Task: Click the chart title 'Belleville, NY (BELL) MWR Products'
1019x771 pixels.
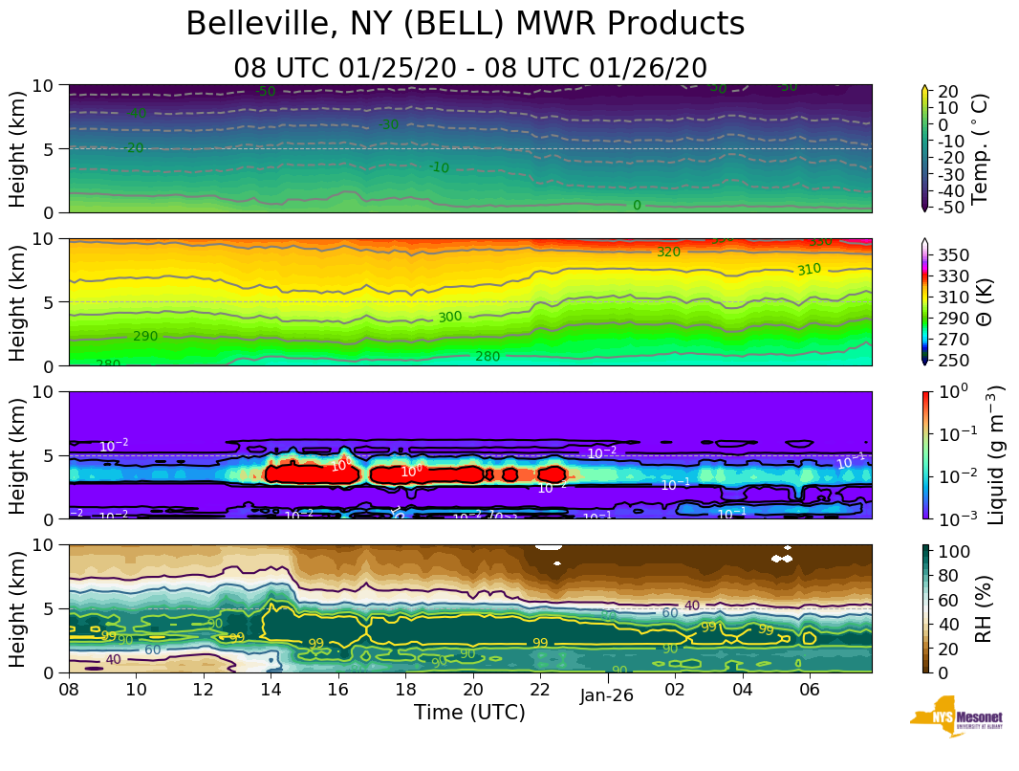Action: pyautogui.click(x=465, y=25)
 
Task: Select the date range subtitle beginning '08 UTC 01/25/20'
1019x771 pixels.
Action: pyautogui.click(x=469, y=68)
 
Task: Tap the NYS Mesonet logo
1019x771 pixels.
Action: pyautogui.click(x=956, y=720)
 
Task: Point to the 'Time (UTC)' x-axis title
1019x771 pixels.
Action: pyautogui.click(x=469, y=713)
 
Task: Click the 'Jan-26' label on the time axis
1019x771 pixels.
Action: pyautogui.click(x=606, y=696)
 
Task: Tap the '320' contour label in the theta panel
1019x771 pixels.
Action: pyautogui.click(x=668, y=252)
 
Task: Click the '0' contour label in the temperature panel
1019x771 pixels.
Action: pyautogui.click(x=637, y=206)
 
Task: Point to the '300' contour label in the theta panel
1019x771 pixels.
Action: pyautogui.click(x=450, y=317)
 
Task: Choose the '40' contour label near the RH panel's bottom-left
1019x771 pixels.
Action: pyautogui.click(x=113, y=659)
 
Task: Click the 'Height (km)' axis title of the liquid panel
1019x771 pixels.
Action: pyautogui.click(x=18, y=455)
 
